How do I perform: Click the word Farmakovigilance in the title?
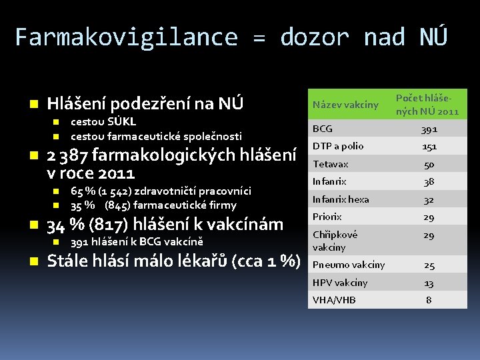[x=126, y=37]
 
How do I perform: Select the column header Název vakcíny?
[x=345, y=105]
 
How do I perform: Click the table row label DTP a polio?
[x=338, y=147]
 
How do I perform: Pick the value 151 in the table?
[x=429, y=147]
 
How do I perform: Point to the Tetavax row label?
[x=331, y=164]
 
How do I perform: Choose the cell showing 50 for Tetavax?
[x=429, y=164]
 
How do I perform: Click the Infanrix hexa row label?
[x=341, y=199]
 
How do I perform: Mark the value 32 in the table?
[x=429, y=199]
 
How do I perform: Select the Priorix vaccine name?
[x=327, y=217]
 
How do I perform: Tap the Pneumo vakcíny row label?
[x=349, y=265]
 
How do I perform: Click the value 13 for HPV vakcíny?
[x=429, y=283]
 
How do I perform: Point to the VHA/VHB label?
[x=334, y=300]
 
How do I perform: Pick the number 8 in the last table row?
[x=429, y=300]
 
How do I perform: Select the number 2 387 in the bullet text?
[x=67, y=155]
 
